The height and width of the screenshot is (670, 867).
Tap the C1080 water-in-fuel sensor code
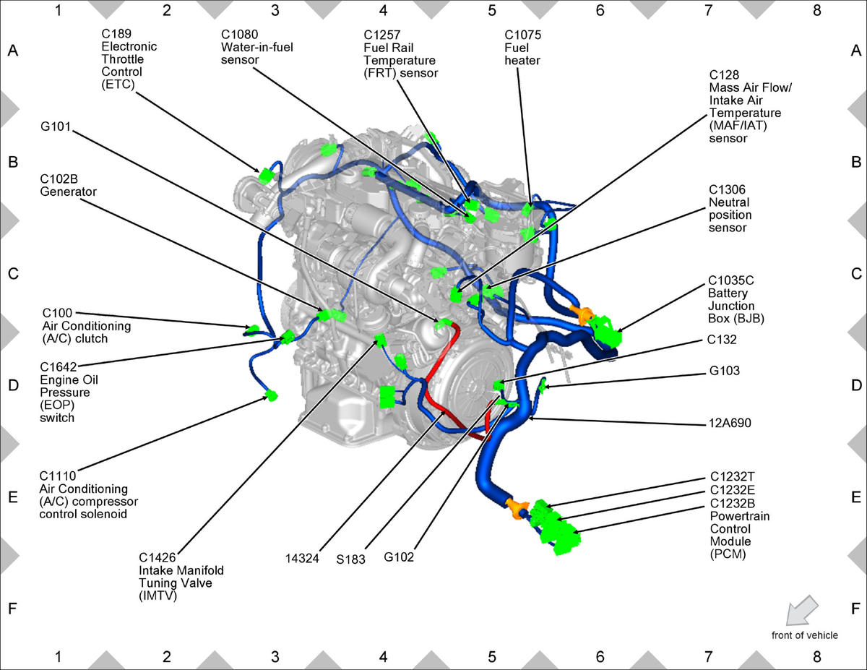pyautogui.click(x=240, y=35)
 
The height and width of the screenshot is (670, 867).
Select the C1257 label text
pyautogui.click(x=384, y=35)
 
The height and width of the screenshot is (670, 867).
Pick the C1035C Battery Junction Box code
pyautogui.click(x=733, y=280)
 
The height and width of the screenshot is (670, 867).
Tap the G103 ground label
pyautogui.click(x=725, y=371)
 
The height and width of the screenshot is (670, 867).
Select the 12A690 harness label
pyautogui.click(x=730, y=424)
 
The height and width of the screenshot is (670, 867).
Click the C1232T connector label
pyautogui.click(x=733, y=477)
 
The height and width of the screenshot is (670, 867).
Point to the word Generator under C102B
pyautogui.click(x=68, y=192)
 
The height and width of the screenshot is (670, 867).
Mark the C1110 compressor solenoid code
pyautogui.click(x=57, y=476)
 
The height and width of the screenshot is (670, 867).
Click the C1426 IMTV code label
pyautogui.click(x=158, y=557)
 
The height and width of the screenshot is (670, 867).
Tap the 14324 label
pyautogui.click(x=303, y=557)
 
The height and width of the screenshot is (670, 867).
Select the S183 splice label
pyautogui.click(x=351, y=557)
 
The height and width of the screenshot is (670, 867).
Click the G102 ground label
pyautogui.click(x=400, y=557)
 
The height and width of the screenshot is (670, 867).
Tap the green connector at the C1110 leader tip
pyautogui.click(x=272, y=395)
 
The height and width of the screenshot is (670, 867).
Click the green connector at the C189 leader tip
pyautogui.click(x=265, y=175)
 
